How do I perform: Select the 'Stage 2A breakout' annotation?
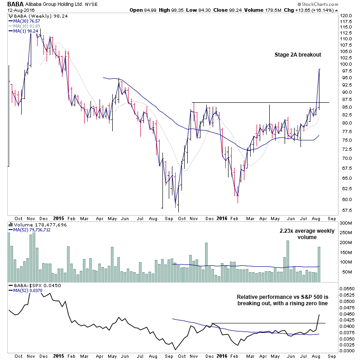297,55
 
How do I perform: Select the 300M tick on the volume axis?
346,224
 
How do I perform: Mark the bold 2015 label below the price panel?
59,216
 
